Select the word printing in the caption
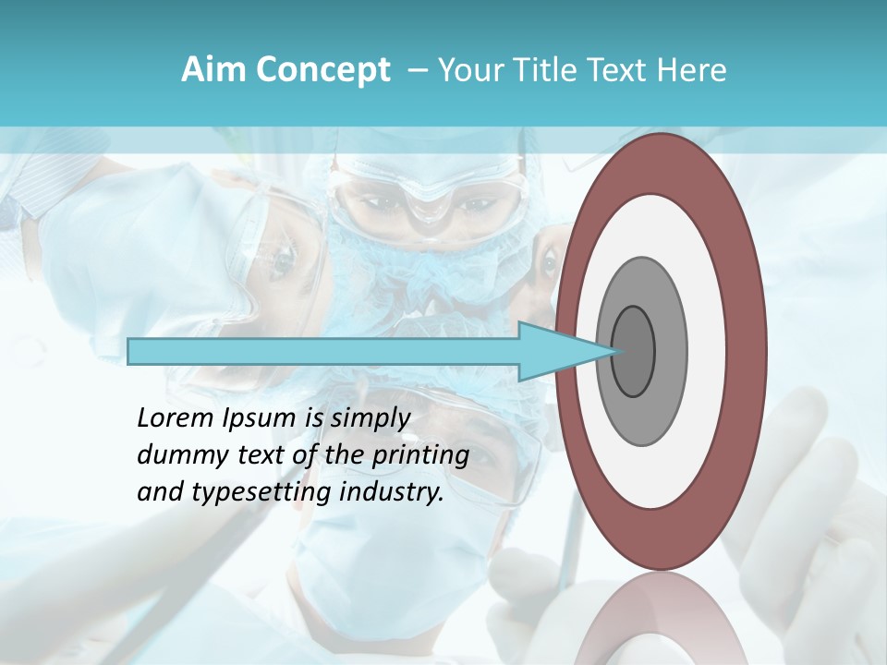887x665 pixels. tap(420, 455)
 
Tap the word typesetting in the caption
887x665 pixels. tap(261, 492)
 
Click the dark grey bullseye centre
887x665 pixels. tap(634, 352)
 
